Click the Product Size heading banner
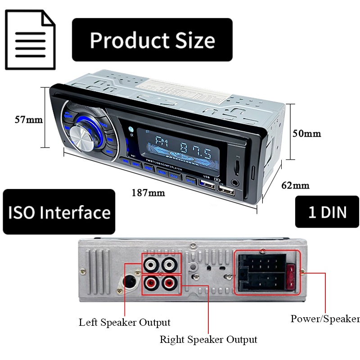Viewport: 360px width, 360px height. (152, 40)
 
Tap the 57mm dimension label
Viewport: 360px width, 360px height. (28, 120)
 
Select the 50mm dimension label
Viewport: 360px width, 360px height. (306, 134)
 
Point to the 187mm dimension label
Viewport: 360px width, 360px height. (148, 193)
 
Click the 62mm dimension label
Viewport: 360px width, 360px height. (295, 185)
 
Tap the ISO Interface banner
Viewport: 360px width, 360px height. (59, 211)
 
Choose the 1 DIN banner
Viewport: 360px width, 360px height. (327, 211)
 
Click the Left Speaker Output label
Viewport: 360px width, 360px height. (125, 322)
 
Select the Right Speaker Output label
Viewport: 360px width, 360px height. (208, 339)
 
